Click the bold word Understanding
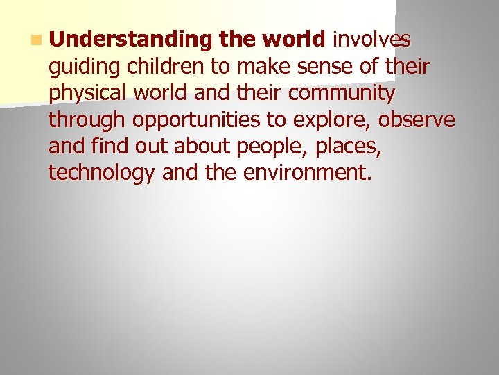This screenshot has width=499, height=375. click(130, 40)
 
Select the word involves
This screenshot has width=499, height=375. click(372, 40)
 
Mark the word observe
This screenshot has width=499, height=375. click(417, 119)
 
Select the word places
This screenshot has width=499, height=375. click(347, 146)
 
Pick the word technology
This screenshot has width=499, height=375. click(102, 173)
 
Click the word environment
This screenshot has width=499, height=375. click(308, 172)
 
